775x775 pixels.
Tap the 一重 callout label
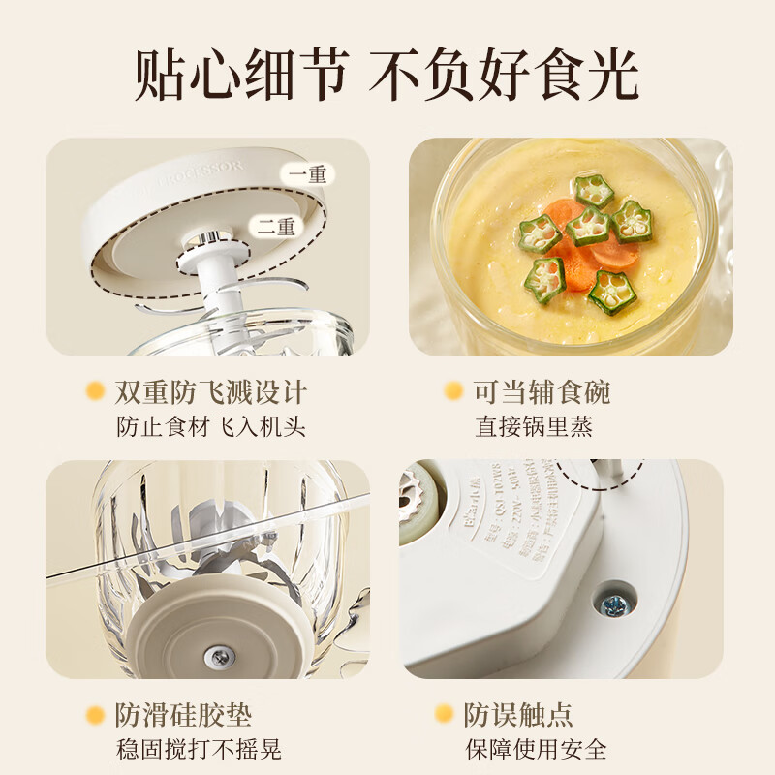point(307,174)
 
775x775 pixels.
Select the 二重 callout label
point(276,227)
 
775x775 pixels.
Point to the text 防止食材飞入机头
point(210,425)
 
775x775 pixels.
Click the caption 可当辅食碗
point(542,392)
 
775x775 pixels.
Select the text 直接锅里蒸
point(534,425)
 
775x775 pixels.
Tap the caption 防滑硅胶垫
point(183,716)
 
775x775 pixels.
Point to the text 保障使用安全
point(541,749)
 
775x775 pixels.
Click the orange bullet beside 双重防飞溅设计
point(95,391)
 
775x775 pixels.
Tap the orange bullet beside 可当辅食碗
point(452,391)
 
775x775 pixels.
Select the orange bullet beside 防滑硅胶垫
point(95,716)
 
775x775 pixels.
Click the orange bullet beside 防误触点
point(444,716)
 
